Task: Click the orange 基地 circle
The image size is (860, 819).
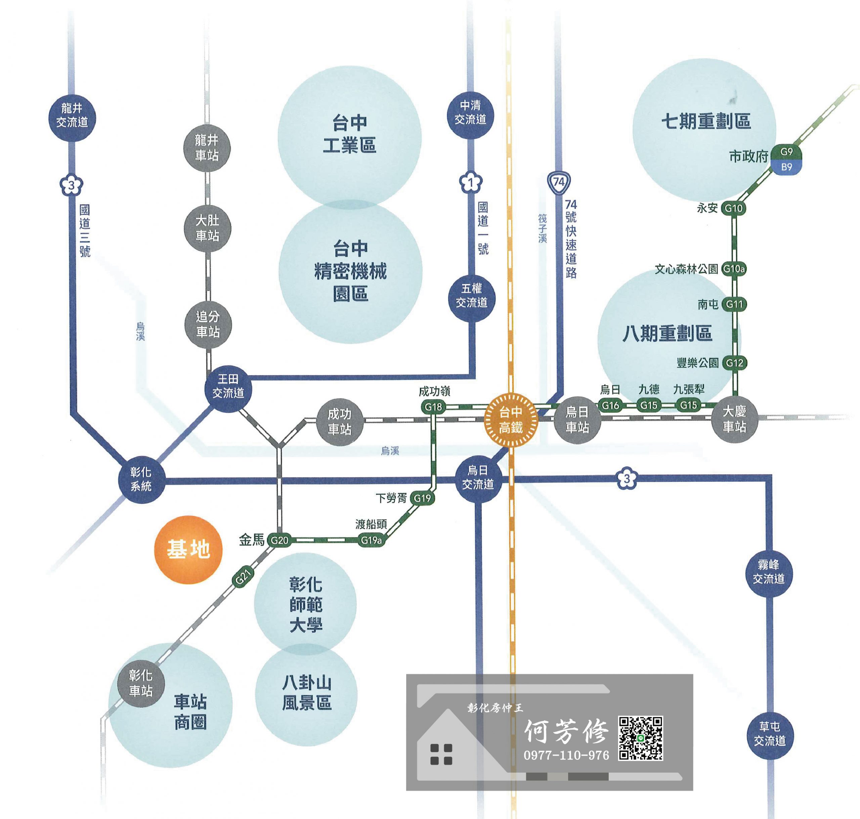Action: coord(188,549)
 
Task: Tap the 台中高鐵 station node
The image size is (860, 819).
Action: coord(511,420)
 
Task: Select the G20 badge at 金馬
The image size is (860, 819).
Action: coord(279,540)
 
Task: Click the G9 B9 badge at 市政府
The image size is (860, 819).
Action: coord(786,159)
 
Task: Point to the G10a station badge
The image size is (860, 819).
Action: coord(733,269)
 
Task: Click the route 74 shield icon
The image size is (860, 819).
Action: coord(559,182)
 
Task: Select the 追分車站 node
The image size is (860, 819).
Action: coord(208,325)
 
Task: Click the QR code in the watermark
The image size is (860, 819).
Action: coord(640,738)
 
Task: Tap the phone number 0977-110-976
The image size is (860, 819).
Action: coord(566,756)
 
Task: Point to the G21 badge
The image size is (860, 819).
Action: coord(243,577)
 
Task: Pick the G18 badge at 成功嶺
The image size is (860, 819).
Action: coord(433,407)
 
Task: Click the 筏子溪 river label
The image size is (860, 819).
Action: coord(542,228)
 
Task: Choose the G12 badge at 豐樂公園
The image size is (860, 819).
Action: coord(734,363)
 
